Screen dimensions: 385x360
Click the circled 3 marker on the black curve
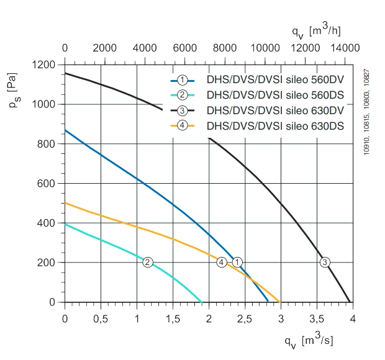pyautogui.click(x=325, y=262)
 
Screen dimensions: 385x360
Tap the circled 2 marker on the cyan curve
pyautogui.click(x=148, y=262)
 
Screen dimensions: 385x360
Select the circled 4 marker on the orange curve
pyautogui.click(x=222, y=262)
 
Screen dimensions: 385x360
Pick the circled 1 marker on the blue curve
pyautogui.click(x=237, y=262)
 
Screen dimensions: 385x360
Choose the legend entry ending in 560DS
pyautogui.click(x=275, y=95)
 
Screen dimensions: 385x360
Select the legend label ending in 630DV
pyautogui.click(x=275, y=110)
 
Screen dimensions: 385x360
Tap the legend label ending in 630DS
pyautogui.click(x=275, y=126)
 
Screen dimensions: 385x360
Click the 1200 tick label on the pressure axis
pyautogui.click(x=43, y=65)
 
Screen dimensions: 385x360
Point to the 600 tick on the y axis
pyautogui.click(x=46, y=183)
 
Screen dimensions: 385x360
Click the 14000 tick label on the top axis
pyautogui.click(x=345, y=48)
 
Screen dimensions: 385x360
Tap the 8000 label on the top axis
pyautogui.click(x=225, y=48)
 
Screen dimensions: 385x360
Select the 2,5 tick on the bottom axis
pyautogui.click(x=245, y=319)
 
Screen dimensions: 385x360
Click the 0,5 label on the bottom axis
pyautogui.click(x=101, y=319)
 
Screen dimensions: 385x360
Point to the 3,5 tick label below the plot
pyautogui.click(x=317, y=319)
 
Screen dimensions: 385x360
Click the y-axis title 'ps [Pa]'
pyautogui.click(x=14, y=90)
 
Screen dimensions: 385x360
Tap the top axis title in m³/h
pyautogui.click(x=317, y=31)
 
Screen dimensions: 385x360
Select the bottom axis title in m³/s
pyautogui.click(x=309, y=341)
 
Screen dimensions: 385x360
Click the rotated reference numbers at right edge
pyautogui.click(x=366, y=112)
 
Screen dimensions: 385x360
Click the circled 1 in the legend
pyautogui.click(x=182, y=80)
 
